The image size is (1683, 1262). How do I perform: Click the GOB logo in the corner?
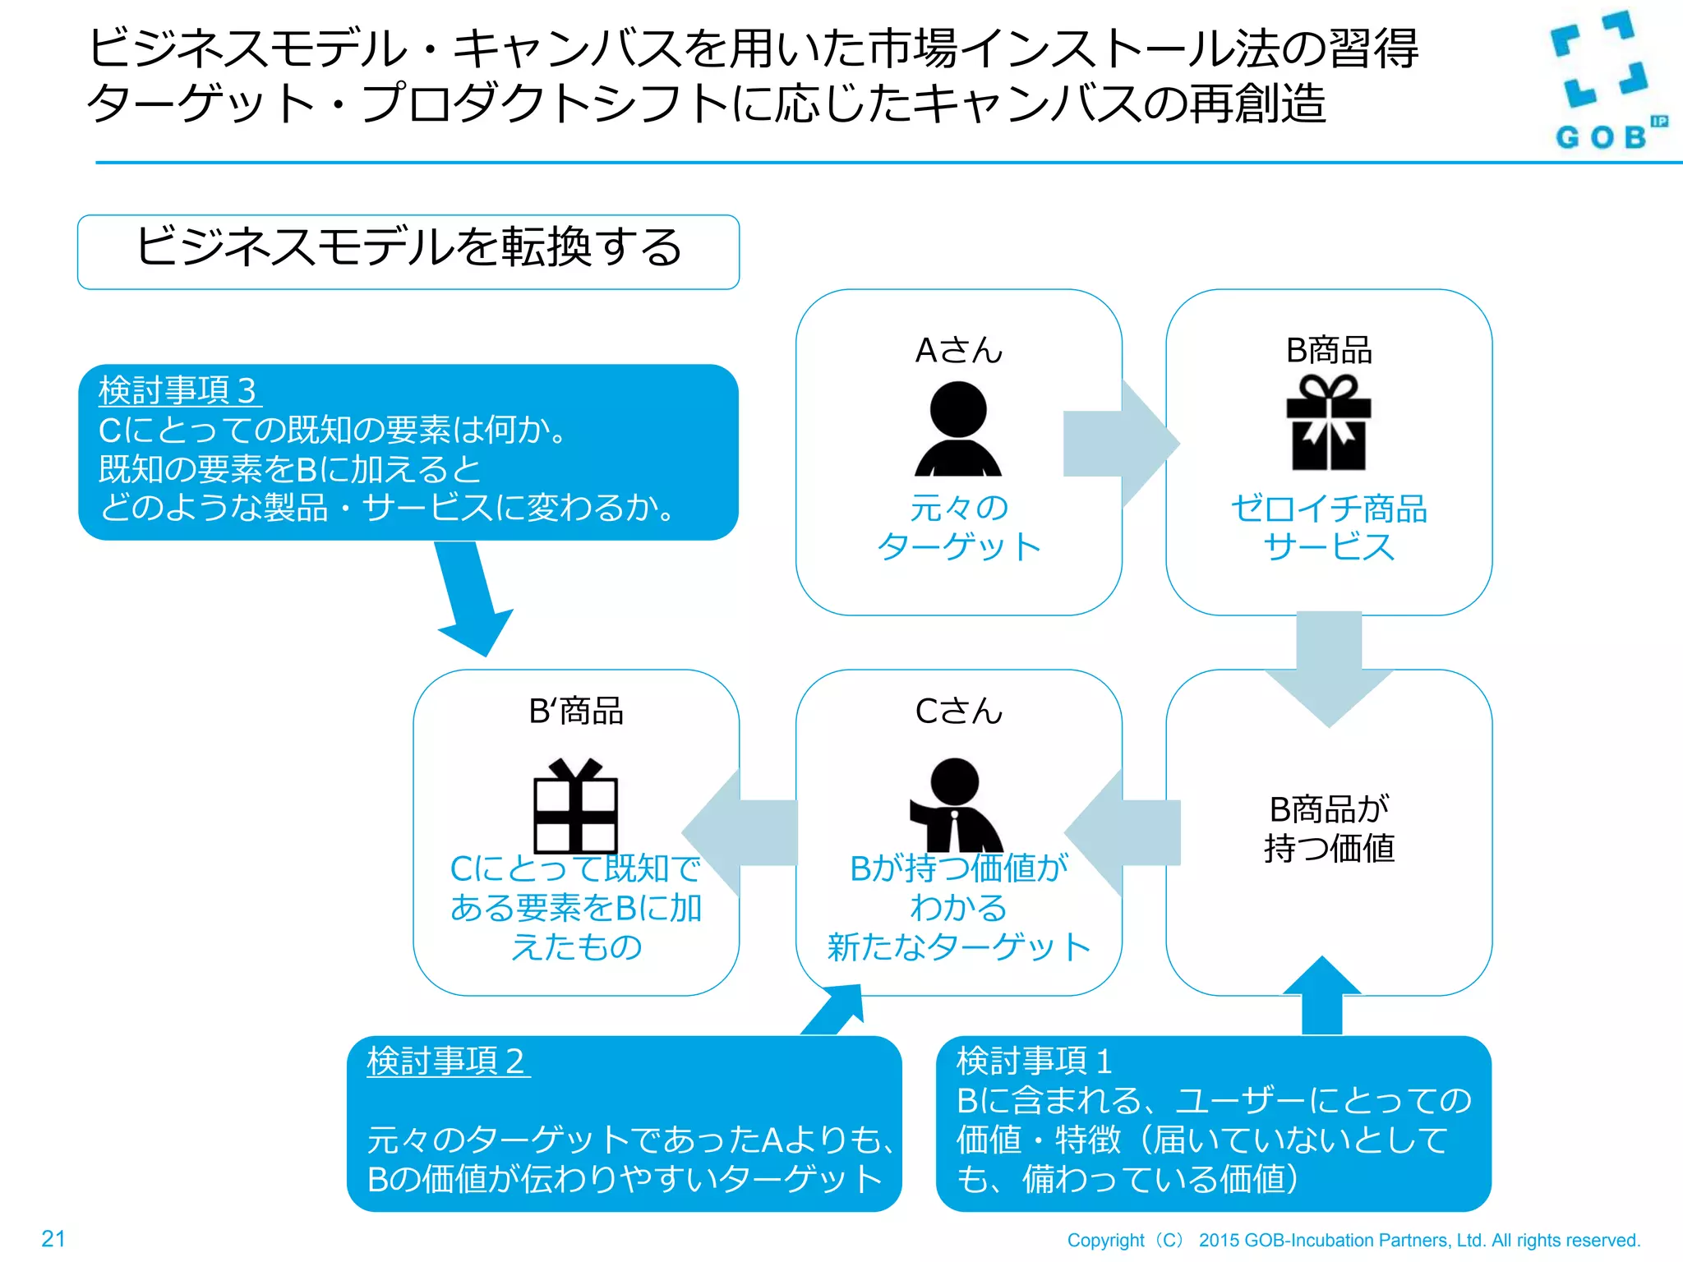tap(1602, 82)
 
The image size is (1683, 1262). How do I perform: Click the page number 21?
tap(53, 1238)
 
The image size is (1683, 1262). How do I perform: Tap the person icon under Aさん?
tap(958, 429)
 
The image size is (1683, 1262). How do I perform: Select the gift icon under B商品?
tap(1329, 423)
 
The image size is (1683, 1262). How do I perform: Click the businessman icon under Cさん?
tap(957, 805)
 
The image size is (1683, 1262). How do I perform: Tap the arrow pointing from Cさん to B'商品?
tap(740, 832)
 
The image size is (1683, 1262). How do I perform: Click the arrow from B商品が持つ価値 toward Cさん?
tap(1123, 832)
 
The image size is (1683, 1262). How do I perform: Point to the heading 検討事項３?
tap(178, 390)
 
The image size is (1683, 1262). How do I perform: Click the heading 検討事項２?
tap(447, 1061)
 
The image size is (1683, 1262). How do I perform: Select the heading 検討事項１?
tap(1035, 1061)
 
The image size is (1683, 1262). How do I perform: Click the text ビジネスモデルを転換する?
tap(408, 247)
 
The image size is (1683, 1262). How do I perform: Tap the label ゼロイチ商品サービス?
tap(1329, 527)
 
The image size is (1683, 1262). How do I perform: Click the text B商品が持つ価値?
tap(1329, 829)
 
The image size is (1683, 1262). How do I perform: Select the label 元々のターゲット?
tap(958, 527)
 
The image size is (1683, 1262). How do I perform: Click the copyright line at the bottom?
tap(1353, 1240)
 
